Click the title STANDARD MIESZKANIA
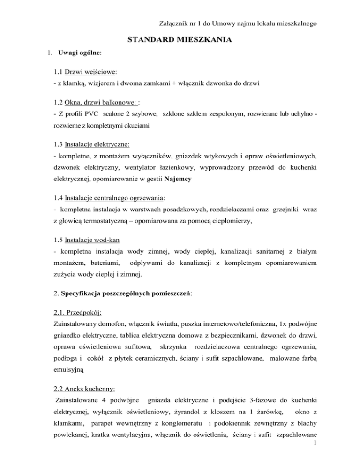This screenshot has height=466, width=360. tap(180, 40)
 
